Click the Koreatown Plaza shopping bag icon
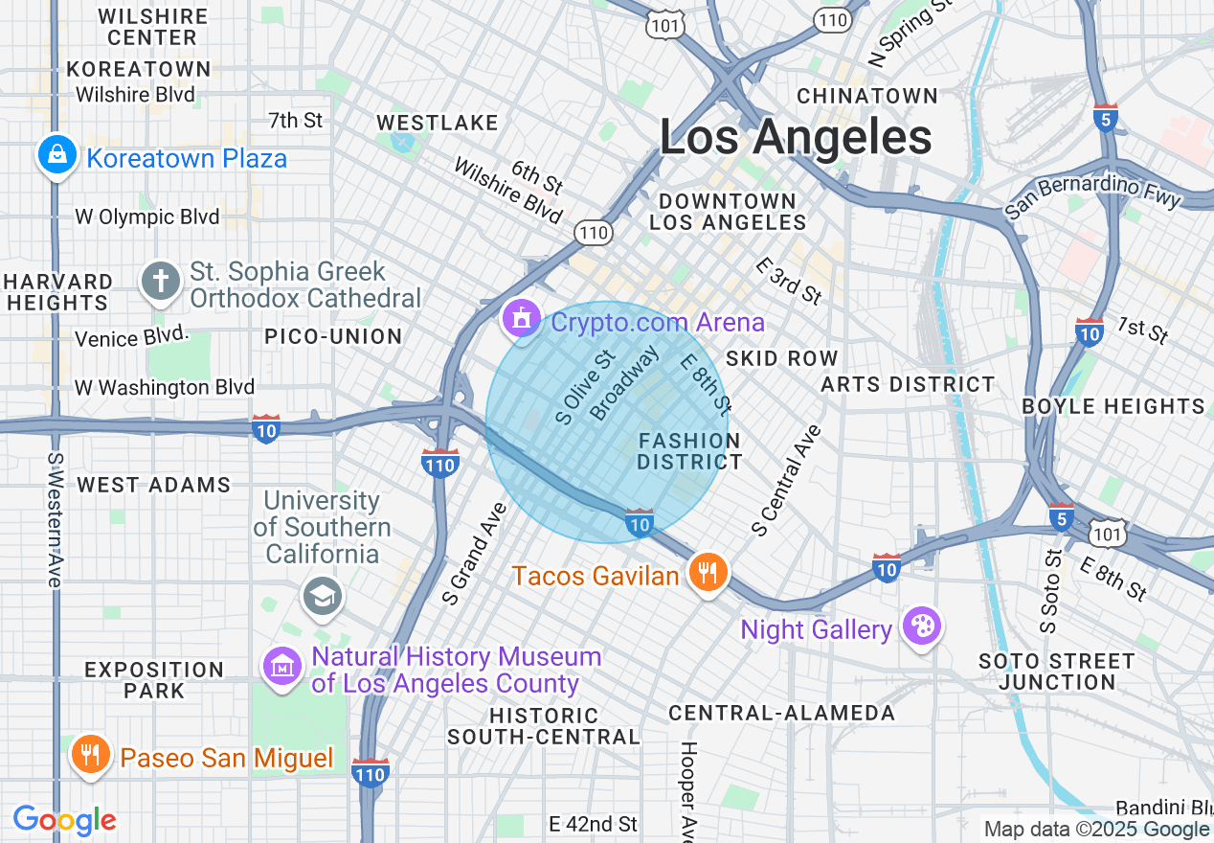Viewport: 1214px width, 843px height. pyautogui.click(x=57, y=154)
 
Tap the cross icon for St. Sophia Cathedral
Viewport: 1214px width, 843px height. pyautogui.click(x=161, y=282)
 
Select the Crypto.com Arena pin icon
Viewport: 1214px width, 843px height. pyautogui.click(x=522, y=318)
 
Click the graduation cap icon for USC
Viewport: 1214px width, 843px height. pyautogui.click(x=323, y=596)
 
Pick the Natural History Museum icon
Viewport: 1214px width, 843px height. pyautogui.click(x=282, y=666)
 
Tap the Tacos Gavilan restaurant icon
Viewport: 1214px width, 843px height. pyautogui.click(x=708, y=573)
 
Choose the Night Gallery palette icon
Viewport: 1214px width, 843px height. pyautogui.click(x=923, y=627)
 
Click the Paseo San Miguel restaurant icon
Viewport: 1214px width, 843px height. pyautogui.click(x=91, y=755)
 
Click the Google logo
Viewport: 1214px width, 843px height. pyautogui.click(x=64, y=820)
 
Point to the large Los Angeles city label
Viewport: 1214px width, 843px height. pyautogui.click(x=796, y=138)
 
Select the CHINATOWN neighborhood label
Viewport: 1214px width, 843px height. pyautogui.click(x=867, y=96)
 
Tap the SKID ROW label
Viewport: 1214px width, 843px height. pyautogui.click(x=782, y=358)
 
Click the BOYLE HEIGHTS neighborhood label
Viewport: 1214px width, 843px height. pyautogui.click(x=1113, y=406)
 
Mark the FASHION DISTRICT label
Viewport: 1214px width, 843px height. pyautogui.click(x=689, y=451)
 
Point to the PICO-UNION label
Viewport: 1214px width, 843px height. pyautogui.click(x=333, y=336)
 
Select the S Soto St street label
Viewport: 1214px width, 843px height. pyautogui.click(x=1051, y=591)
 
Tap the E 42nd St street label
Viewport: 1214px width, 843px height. pyautogui.click(x=594, y=824)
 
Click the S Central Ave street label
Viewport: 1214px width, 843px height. pyautogui.click(x=787, y=480)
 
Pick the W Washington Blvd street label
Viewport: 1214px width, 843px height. pyautogui.click(x=165, y=387)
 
